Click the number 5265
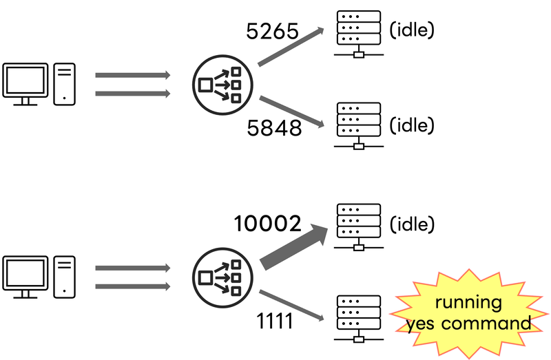pos(273,30)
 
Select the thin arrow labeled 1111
pos(291,305)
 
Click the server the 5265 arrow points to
pos(358,33)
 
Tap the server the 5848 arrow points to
pos(358,125)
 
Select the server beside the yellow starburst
pos(358,318)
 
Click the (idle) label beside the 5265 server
pos(412,31)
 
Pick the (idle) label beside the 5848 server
pos(412,125)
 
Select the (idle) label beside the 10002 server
pos(412,225)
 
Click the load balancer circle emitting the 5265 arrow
pos(220,84)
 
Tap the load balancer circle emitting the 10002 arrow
pos(220,277)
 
